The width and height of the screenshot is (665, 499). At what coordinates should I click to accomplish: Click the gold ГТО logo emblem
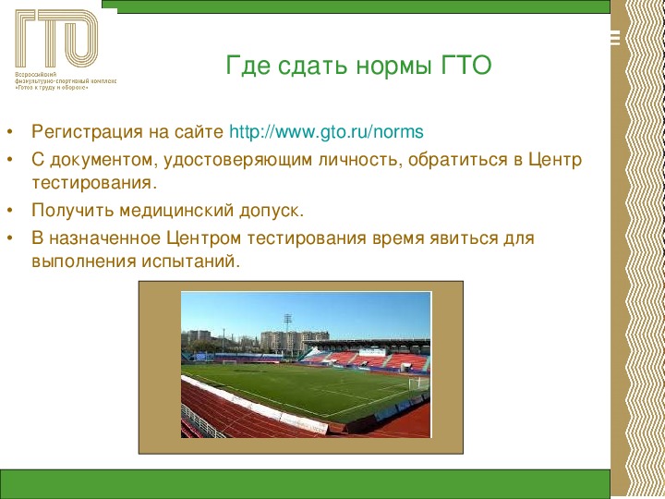[56, 38]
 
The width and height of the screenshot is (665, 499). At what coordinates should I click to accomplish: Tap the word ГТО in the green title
[466, 65]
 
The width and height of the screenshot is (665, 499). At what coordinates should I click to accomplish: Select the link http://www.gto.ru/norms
[326, 131]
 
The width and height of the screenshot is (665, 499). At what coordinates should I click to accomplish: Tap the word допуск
[272, 211]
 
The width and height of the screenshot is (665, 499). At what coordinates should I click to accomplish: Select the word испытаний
[191, 262]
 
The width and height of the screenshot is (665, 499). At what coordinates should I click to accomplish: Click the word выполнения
[83, 261]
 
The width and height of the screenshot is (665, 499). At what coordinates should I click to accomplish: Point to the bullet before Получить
[10, 210]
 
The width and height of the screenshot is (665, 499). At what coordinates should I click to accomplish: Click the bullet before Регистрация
[10, 131]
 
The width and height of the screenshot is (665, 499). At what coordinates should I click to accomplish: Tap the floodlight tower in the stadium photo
[287, 335]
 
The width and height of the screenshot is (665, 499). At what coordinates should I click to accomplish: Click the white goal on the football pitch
[418, 384]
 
